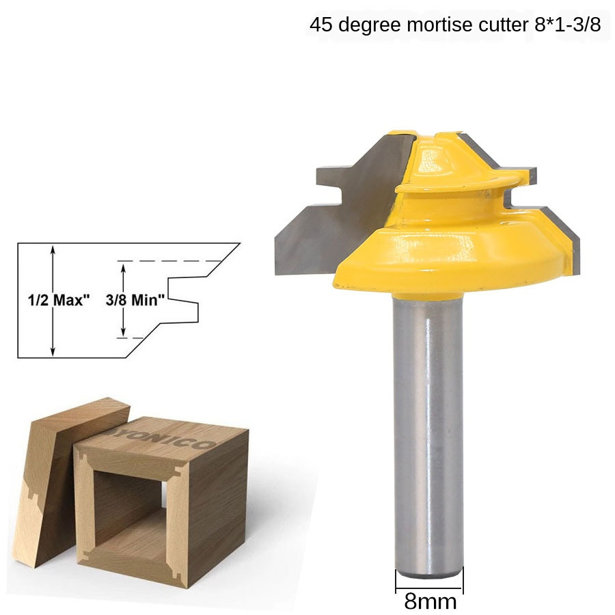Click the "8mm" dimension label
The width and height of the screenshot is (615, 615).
click(x=430, y=601)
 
